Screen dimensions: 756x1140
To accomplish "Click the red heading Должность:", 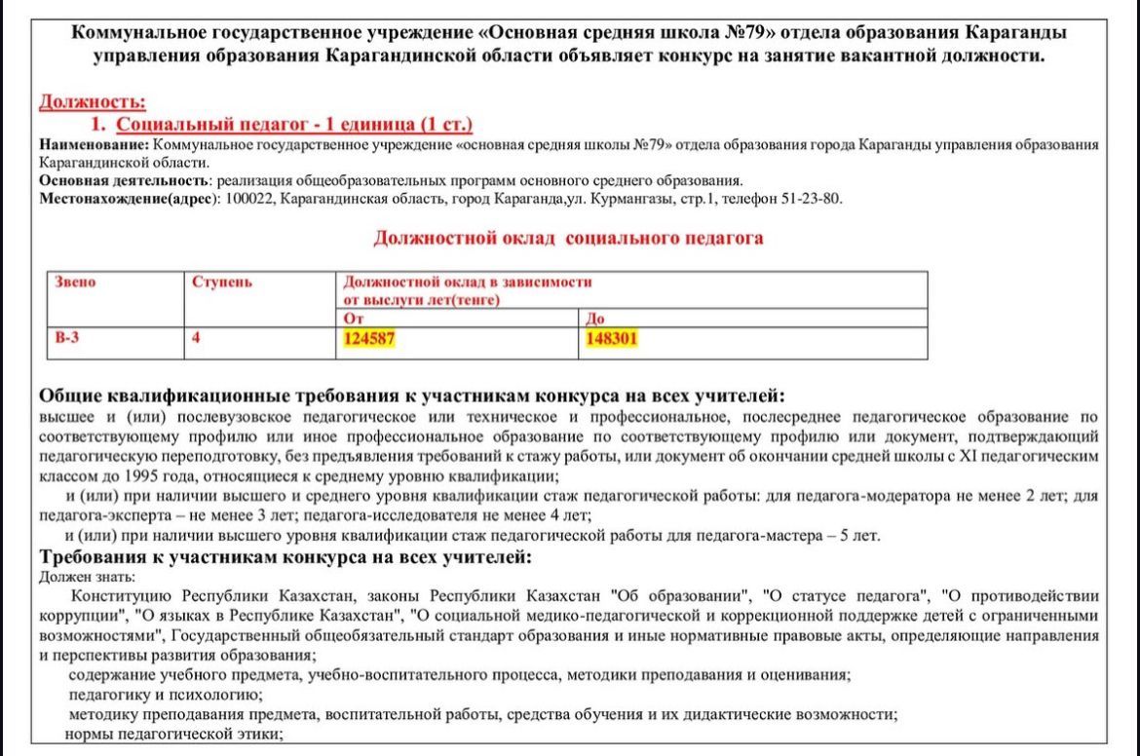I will tap(93, 100).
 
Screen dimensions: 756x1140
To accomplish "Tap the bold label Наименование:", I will tap(94, 145).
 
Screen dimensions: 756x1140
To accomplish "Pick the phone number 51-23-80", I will tap(813, 199).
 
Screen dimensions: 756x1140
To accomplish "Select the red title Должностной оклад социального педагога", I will tap(568, 238).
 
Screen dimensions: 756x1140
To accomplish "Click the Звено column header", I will tap(75, 283).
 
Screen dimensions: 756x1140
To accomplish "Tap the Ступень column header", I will tap(222, 283).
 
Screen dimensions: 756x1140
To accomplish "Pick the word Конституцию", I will tap(120, 595).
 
